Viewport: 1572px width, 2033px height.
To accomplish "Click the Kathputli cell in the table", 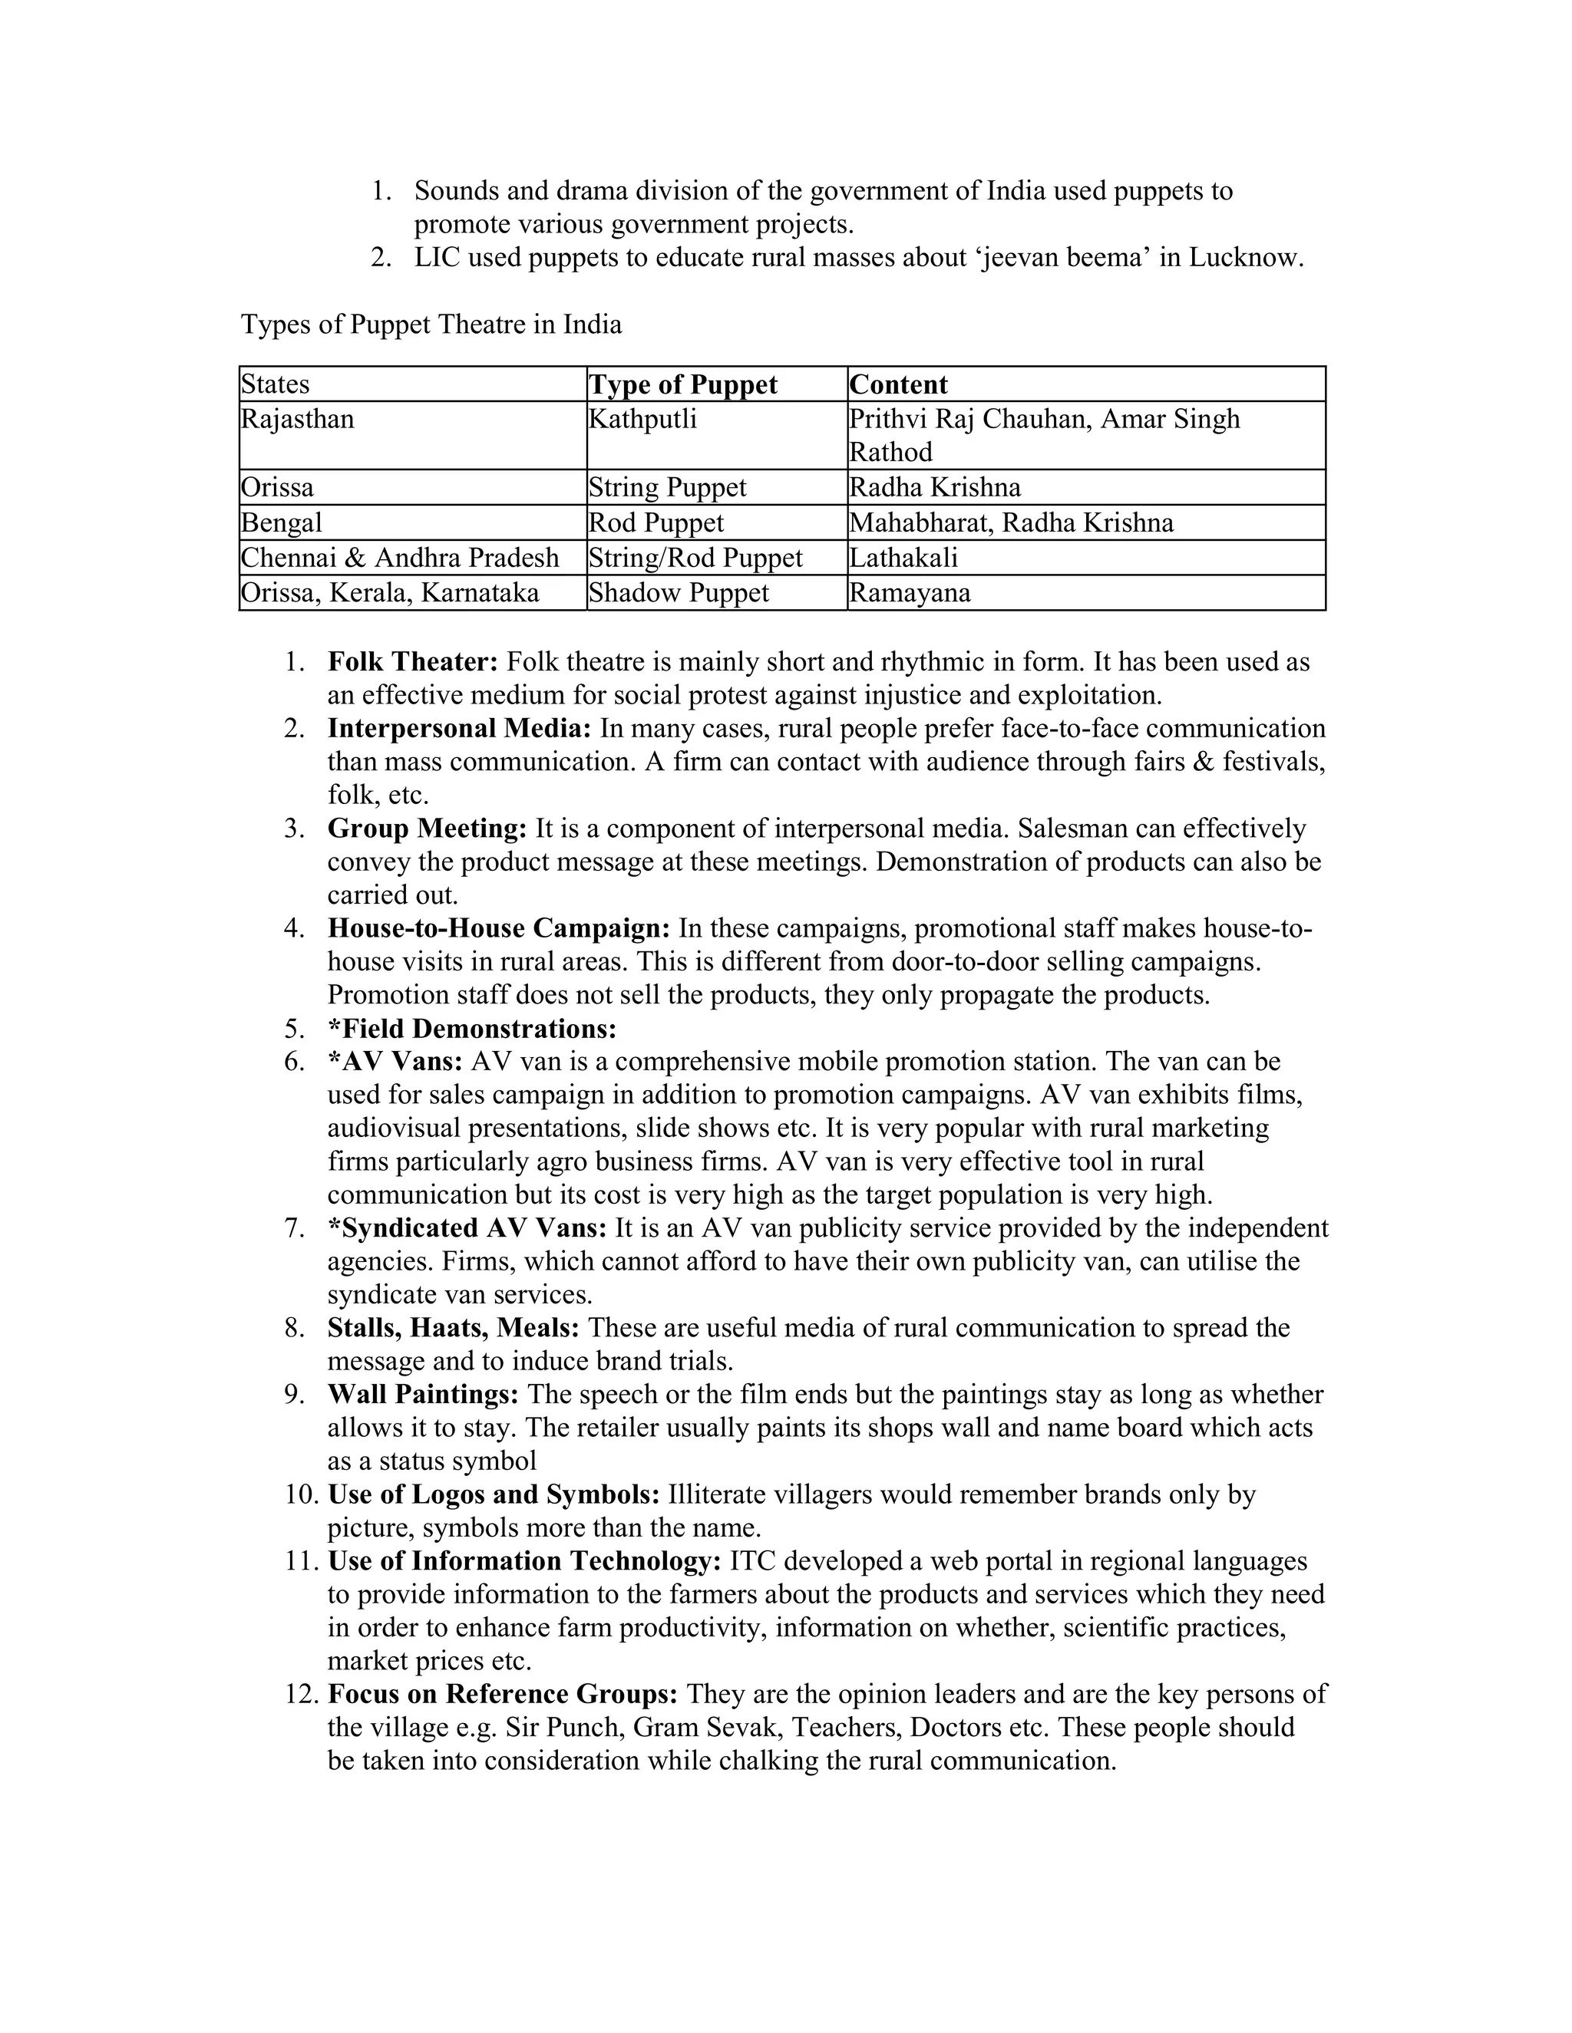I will (x=642, y=420).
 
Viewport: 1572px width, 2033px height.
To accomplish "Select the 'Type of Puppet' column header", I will (x=682, y=384).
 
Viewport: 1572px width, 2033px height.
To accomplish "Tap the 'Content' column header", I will (x=899, y=384).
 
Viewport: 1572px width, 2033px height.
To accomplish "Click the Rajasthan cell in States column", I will (x=298, y=420).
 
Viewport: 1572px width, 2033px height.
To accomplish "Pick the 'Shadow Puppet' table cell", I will (x=679, y=593).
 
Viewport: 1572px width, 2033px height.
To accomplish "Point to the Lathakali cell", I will (x=903, y=558).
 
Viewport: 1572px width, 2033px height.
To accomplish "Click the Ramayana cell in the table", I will (x=910, y=593).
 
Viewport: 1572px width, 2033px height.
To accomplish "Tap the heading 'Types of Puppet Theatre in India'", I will (x=431, y=324).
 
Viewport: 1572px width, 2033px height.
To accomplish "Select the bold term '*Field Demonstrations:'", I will (x=472, y=1029).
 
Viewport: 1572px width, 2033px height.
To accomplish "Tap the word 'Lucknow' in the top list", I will (x=1245, y=258).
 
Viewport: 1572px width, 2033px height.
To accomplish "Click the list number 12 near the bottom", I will (x=302, y=1694).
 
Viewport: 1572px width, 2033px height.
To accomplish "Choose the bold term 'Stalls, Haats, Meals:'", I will (x=454, y=1327).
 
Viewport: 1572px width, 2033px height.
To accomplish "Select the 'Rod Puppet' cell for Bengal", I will (x=656, y=523).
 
